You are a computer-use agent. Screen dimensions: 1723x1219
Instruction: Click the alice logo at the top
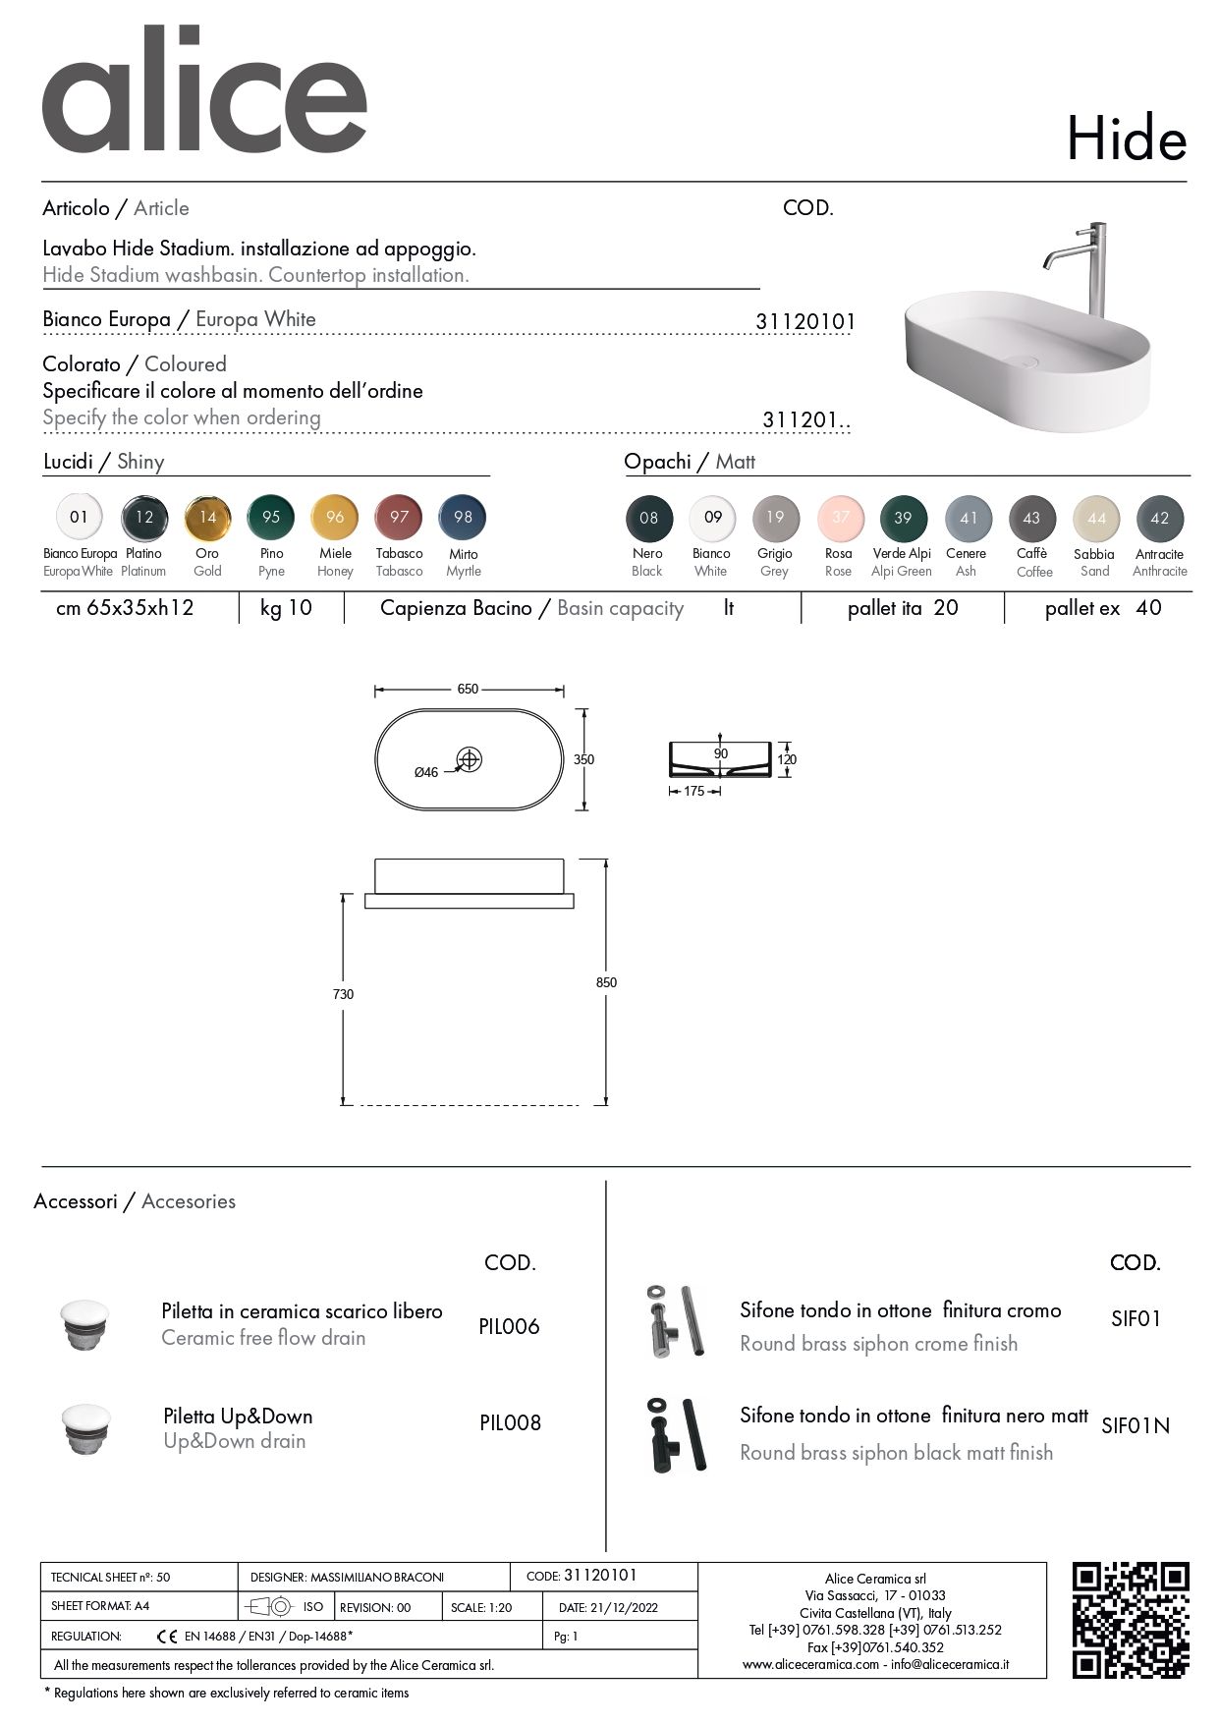pyautogui.click(x=204, y=93)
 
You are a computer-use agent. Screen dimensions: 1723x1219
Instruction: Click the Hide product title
pyautogui.click(x=1126, y=140)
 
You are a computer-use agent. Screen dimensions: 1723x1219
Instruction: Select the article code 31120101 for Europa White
pyautogui.click(x=805, y=321)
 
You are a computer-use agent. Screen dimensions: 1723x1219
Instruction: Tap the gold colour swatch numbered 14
pyautogui.click(x=208, y=518)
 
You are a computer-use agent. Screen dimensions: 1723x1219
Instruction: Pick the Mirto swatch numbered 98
pyautogui.click(x=463, y=518)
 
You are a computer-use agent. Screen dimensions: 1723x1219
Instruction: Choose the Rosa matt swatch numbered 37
pyautogui.click(x=840, y=518)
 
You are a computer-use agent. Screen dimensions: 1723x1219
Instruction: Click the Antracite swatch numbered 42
pyautogui.click(x=1159, y=519)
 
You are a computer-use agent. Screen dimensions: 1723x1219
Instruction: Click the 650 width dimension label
pyautogui.click(x=468, y=690)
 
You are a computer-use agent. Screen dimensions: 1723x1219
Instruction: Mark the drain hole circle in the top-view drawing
pyautogui.click(x=470, y=759)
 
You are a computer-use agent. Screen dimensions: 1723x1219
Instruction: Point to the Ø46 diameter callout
pyautogui.click(x=426, y=773)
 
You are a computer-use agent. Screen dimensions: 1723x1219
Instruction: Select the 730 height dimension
pyautogui.click(x=343, y=994)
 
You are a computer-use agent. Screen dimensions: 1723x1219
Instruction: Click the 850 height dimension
pyautogui.click(x=606, y=982)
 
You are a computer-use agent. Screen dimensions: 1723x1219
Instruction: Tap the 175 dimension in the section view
pyautogui.click(x=694, y=791)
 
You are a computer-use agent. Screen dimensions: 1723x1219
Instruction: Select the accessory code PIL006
pyautogui.click(x=509, y=1326)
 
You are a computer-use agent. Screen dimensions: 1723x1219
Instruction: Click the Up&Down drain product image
pyautogui.click(x=85, y=1429)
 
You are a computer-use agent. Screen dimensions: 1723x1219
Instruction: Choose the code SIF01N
pyautogui.click(x=1136, y=1425)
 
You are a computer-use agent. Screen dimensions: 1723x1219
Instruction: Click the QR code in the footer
pyautogui.click(x=1130, y=1620)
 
